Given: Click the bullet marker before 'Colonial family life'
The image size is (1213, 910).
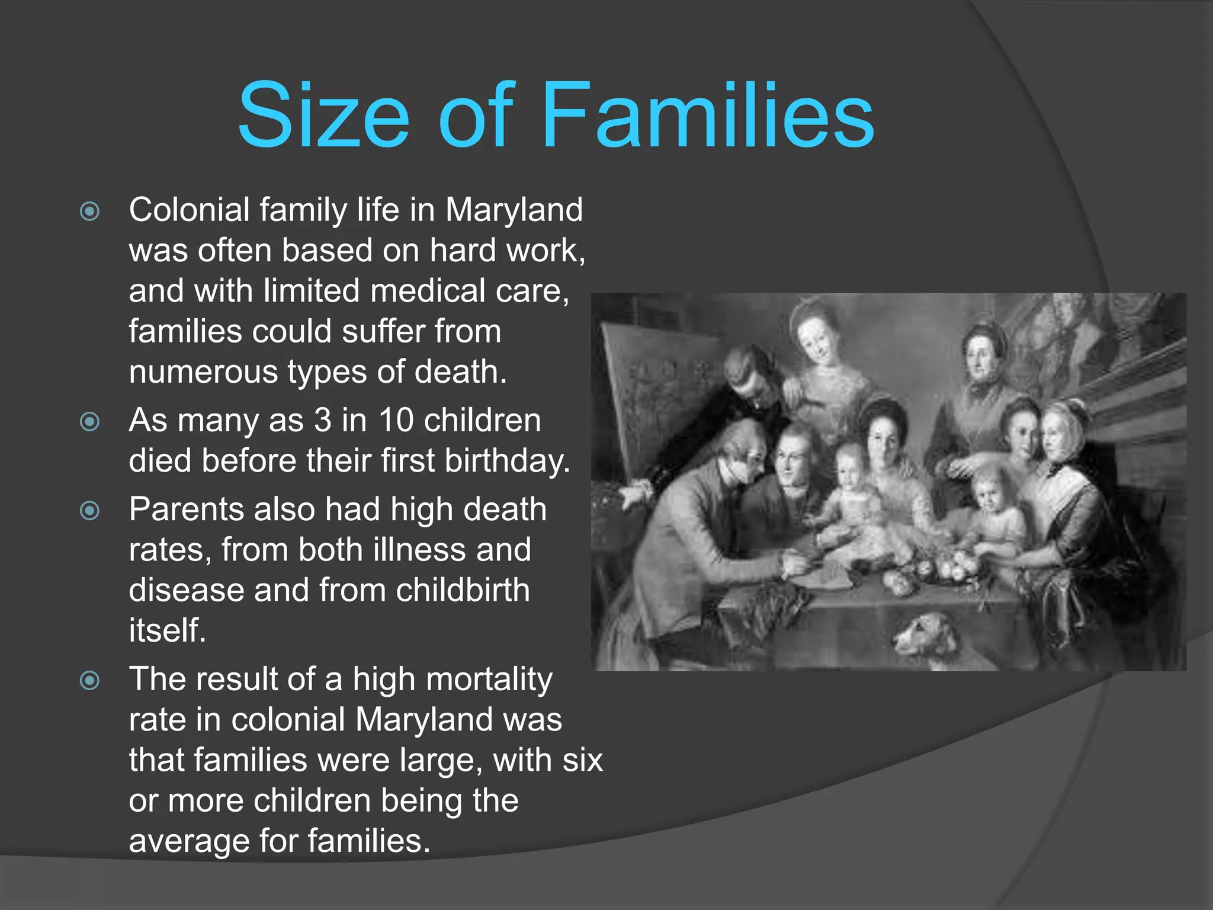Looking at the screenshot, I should (x=89, y=211).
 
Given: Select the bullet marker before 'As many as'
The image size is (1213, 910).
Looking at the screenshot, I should (x=89, y=421).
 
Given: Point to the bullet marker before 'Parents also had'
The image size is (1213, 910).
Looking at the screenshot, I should (x=89, y=510).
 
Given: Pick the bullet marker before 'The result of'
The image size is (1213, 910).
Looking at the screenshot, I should (x=89, y=680).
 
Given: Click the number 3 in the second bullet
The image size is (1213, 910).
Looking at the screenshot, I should (x=322, y=420).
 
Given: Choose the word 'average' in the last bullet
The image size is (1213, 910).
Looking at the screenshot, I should (x=188, y=842).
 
